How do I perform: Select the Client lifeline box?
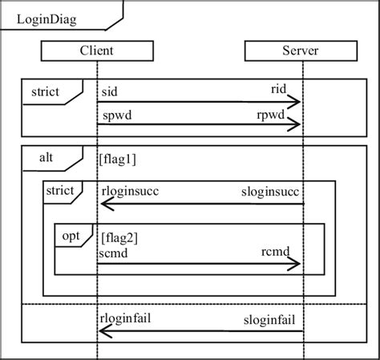[x=95, y=51]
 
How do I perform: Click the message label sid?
[x=110, y=91]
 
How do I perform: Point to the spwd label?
[x=116, y=115]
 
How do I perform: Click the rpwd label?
[x=285, y=115]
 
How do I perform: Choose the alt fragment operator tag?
[x=46, y=158]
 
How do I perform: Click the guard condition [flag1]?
[x=118, y=159]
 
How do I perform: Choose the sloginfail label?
[x=273, y=320]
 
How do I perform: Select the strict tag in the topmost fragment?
[x=46, y=91]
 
